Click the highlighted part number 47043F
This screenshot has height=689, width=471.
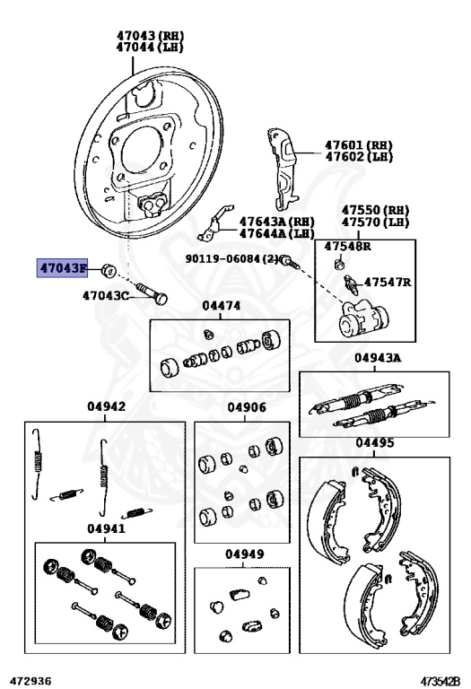tap(63, 268)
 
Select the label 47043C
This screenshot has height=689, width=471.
tap(107, 295)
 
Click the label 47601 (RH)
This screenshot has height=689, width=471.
tap(360, 144)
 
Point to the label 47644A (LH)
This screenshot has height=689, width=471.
tap(277, 233)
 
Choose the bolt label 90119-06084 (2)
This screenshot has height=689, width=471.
tap(231, 258)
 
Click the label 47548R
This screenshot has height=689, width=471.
tap(348, 245)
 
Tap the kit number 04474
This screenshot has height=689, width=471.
tap(221, 306)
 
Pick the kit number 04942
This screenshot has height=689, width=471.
tap(106, 406)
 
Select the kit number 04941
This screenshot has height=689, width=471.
tap(106, 528)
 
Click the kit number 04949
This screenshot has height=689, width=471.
tap(245, 554)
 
